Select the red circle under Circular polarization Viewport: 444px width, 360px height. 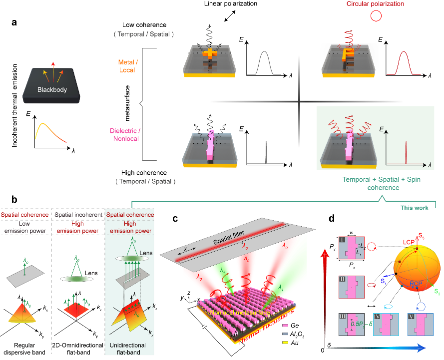pyautogui.click(x=375, y=16)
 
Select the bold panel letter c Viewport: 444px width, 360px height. pyautogui.click(x=173, y=218)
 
